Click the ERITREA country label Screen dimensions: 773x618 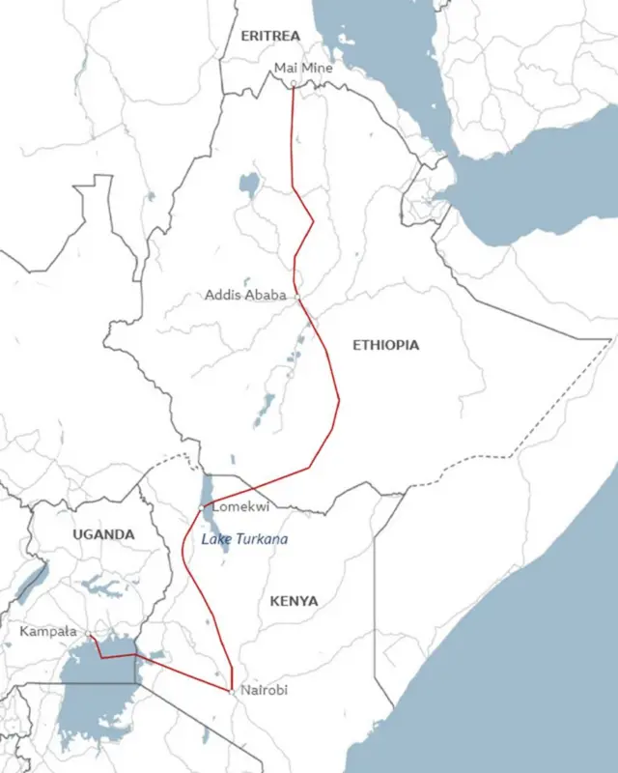click(270, 36)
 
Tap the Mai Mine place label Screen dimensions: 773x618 click(303, 68)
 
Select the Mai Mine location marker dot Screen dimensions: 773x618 click(294, 83)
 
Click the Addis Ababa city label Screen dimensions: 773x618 click(245, 295)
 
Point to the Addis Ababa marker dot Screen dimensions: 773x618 click(297, 297)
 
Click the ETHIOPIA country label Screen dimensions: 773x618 click(386, 345)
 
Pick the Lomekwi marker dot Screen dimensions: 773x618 click(202, 507)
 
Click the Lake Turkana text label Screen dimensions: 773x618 click(244, 538)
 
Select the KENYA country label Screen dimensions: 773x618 click(294, 601)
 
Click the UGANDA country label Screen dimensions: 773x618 click(103, 534)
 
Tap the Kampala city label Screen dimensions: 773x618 click(48, 631)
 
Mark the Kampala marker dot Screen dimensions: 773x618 click(87, 635)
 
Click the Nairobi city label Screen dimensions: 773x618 click(263, 690)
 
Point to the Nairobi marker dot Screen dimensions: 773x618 click(231, 690)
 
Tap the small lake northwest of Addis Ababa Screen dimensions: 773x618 click(250, 183)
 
